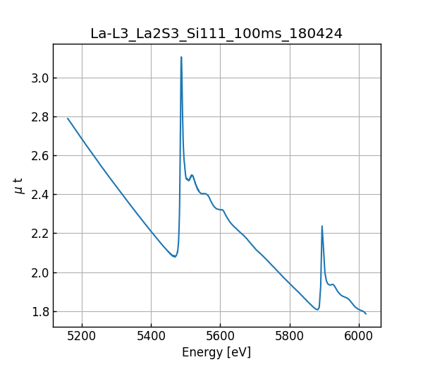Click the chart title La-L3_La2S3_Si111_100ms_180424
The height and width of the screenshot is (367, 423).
216,33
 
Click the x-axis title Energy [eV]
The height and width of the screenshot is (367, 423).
216,352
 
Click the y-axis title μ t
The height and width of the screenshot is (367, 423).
18,186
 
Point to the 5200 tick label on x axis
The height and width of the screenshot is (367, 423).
82,337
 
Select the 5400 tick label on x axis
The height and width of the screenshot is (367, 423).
151,337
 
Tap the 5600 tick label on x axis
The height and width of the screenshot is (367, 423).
220,337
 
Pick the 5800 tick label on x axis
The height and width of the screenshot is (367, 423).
289,337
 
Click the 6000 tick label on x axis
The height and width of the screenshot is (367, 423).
358,337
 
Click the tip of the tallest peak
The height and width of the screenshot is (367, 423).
181,57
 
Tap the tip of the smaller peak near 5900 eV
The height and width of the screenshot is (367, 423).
322,226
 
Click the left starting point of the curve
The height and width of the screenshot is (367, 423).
68,118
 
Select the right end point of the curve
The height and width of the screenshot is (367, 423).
366,313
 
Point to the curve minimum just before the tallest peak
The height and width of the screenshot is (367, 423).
175,257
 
